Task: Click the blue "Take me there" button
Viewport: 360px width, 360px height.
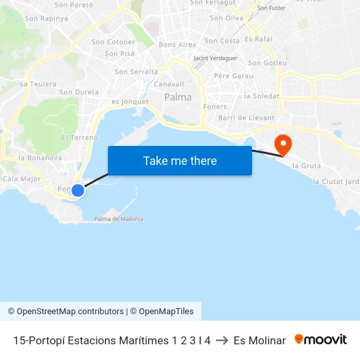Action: click(180, 160)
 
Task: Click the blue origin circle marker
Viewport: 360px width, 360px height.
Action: click(78, 190)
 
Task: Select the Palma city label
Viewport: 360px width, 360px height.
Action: click(178, 97)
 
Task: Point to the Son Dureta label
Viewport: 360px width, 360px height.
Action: click(79, 92)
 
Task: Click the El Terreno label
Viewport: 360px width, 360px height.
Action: click(79, 137)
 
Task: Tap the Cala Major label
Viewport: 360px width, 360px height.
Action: click(22, 179)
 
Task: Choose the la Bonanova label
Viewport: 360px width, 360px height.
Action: click(41, 158)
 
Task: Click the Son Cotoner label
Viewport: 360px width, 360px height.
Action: click(113, 42)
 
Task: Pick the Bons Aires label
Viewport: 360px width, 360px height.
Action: click(177, 45)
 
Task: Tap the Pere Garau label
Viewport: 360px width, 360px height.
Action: click(233, 76)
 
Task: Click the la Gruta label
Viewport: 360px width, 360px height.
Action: click(306, 166)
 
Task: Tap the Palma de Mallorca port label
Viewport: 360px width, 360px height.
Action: click(118, 219)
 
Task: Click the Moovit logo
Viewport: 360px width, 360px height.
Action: click(321, 340)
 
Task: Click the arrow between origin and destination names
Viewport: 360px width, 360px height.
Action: click(222, 340)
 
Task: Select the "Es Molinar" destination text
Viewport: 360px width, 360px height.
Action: click(259, 340)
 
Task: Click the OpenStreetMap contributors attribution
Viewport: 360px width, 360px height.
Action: click(65, 312)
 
